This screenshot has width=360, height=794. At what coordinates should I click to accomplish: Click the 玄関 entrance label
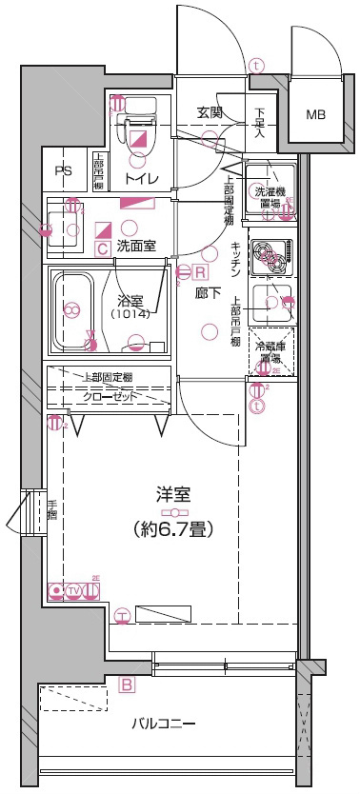click(210, 112)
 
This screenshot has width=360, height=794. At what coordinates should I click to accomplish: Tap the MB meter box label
click(315, 115)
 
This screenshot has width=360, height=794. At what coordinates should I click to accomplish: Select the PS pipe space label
click(63, 171)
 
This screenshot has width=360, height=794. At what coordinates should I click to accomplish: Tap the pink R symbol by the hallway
click(202, 270)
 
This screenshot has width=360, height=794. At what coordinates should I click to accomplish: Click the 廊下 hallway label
click(204, 294)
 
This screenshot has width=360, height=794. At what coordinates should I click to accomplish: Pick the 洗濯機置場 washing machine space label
click(271, 197)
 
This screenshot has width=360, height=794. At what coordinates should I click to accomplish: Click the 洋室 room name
click(174, 495)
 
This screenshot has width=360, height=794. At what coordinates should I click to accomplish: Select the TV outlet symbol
click(73, 591)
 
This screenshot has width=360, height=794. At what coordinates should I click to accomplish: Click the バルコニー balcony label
click(164, 725)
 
